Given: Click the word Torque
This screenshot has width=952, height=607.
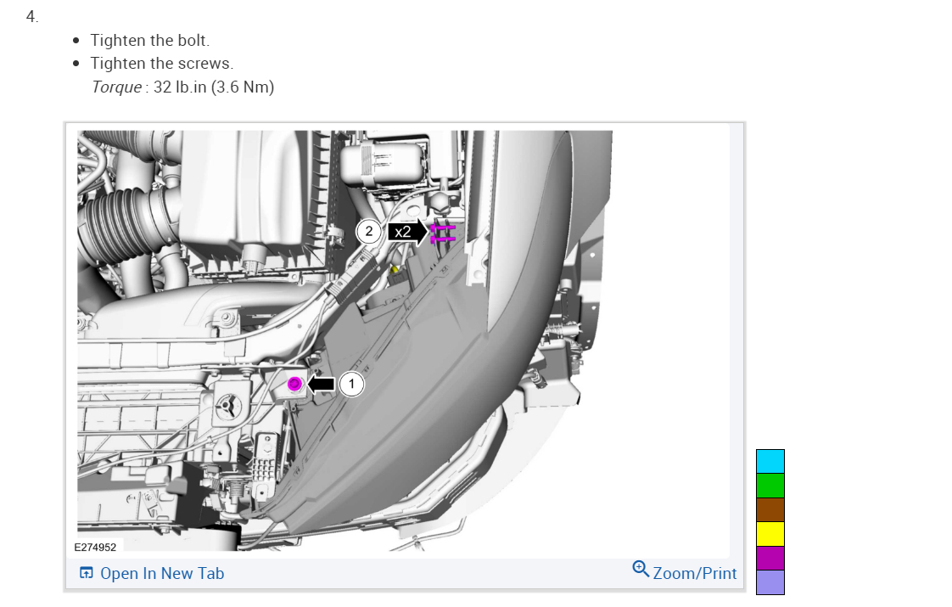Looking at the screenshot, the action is (116, 87).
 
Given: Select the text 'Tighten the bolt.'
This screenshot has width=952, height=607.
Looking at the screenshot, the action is (150, 40).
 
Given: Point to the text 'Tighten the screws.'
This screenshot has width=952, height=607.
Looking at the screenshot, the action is (162, 63).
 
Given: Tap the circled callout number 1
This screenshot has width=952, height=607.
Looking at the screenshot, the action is (351, 384).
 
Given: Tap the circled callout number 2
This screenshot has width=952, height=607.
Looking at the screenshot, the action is (368, 232).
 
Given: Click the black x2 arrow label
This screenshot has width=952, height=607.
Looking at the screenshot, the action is (407, 232).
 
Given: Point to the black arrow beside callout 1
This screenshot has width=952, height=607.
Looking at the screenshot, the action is (321, 384).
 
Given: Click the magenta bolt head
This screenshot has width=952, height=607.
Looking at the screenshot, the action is (294, 384).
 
